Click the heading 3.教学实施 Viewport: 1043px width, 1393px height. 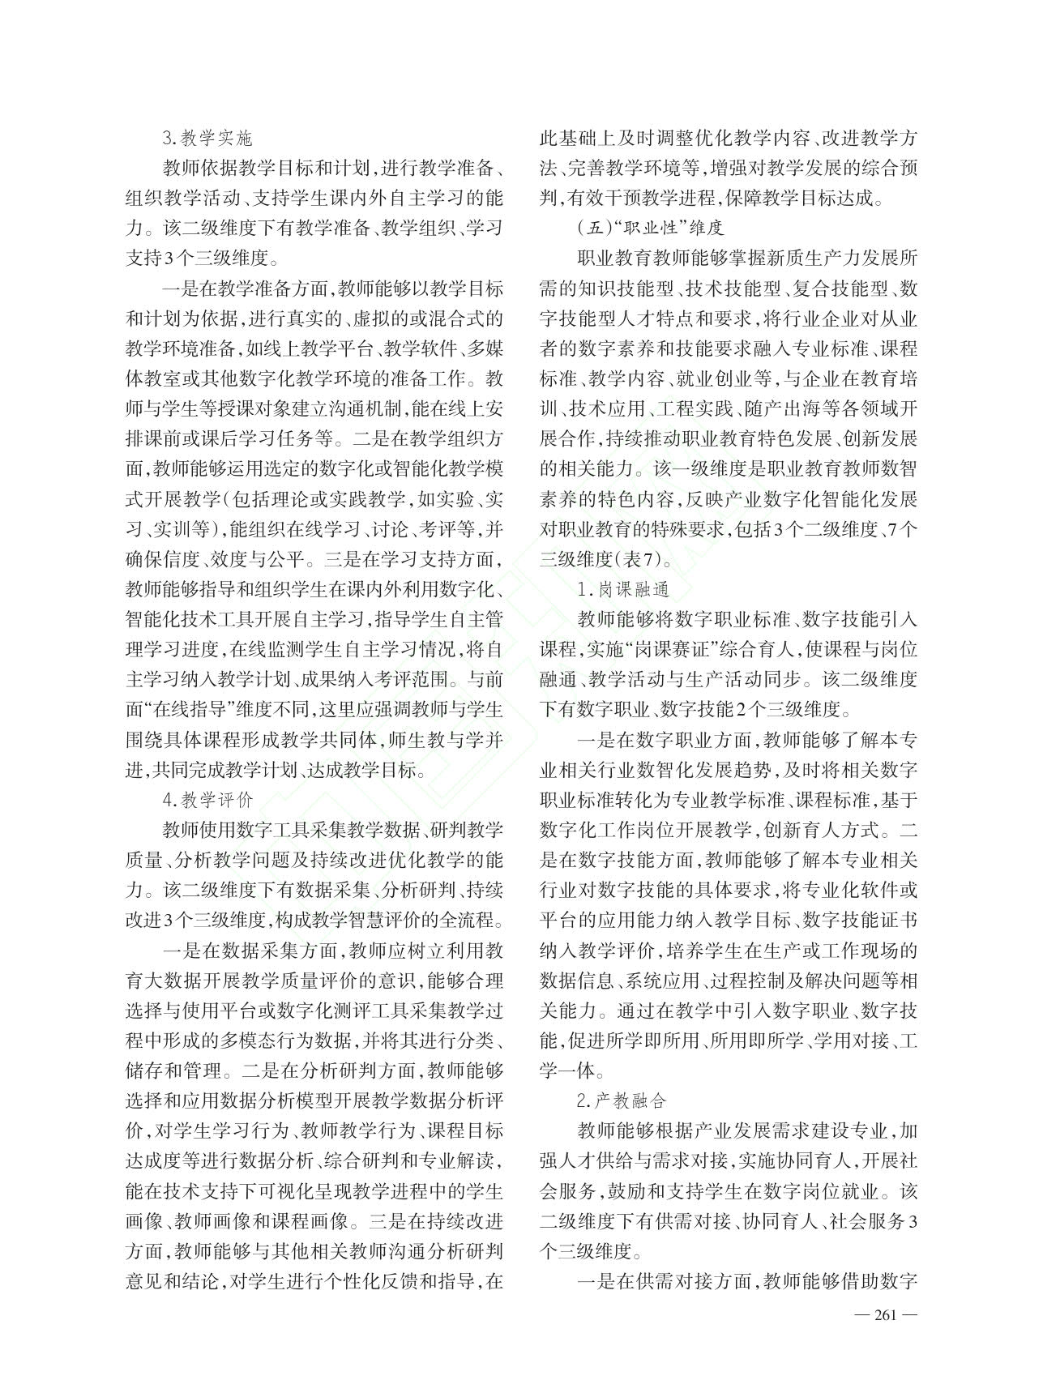207,139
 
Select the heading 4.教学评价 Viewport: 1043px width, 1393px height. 207,801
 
